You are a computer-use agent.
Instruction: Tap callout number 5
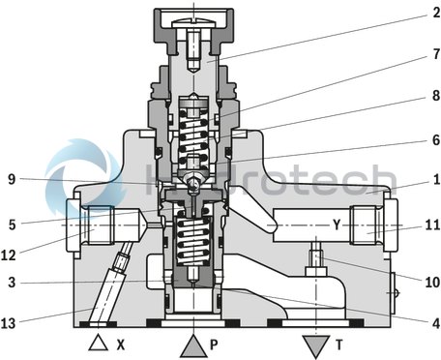coord(12,223)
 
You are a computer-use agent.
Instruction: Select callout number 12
coord(12,255)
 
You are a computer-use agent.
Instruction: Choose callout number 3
coord(12,282)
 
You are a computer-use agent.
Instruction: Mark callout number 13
coord(12,322)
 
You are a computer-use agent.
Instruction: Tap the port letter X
coord(122,344)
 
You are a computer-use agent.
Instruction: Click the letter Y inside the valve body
coord(338,225)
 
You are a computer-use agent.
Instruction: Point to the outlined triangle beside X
coord(96,343)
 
